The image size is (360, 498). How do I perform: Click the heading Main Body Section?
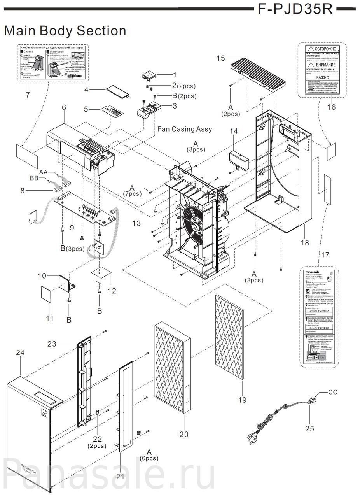(65, 31)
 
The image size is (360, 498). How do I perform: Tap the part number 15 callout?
(221, 58)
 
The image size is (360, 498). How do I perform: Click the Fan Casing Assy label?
(184, 129)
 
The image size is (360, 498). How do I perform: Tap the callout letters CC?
(333, 392)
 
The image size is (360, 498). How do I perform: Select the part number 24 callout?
(20, 352)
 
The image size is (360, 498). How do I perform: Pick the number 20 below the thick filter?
(183, 434)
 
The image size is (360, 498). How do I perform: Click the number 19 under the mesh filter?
(242, 399)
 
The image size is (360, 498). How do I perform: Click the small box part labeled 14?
(239, 160)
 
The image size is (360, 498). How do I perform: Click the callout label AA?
(43, 172)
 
